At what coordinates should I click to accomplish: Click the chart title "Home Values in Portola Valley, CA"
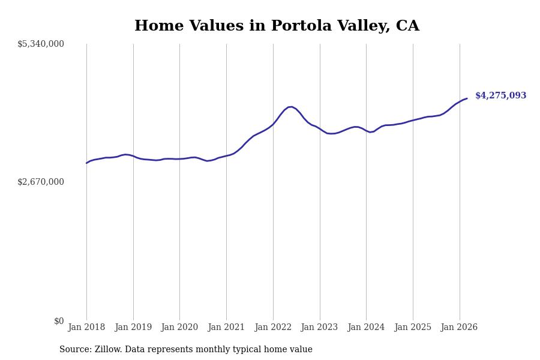tap(277, 26)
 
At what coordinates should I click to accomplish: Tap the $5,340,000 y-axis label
tap(41, 44)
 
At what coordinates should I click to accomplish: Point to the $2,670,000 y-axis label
tap(41, 182)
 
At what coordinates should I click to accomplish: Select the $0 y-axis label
tap(59, 321)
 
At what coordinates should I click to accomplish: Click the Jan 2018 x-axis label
tap(86, 327)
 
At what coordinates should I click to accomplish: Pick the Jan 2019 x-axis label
tap(133, 327)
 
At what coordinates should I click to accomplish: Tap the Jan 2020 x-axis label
tap(179, 327)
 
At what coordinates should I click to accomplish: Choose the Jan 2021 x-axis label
tap(226, 327)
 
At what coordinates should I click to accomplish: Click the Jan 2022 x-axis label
tap(273, 327)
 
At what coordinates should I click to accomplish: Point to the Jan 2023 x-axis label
tap(319, 327)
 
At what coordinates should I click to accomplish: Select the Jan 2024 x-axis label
tap(366, 327)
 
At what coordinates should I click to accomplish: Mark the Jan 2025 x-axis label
tap(413, 327)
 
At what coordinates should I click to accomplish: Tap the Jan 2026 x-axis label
tap(459, 327)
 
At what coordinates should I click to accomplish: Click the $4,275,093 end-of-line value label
tap(500, 96)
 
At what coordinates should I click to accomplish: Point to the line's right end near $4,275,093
tap(467, 98)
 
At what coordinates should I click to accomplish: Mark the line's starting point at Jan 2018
tap(86, 163)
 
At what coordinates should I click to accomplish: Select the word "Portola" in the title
tap(298, 26)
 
